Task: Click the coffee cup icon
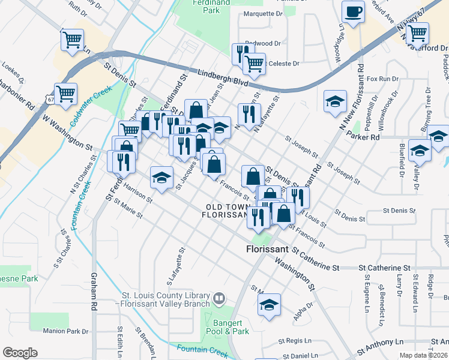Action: (353, 11)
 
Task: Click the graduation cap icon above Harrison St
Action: (161, 178)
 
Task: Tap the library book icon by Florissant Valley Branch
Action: (220, 298)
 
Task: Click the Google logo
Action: (20, 353)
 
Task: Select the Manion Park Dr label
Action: (66, 331)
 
